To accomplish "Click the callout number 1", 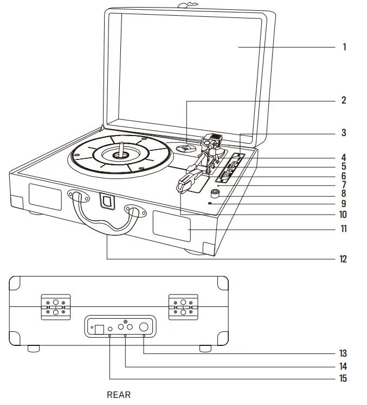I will click(x=344, y=47).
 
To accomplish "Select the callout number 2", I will click(x=344, y=100).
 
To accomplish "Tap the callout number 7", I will click(x=344, y=185).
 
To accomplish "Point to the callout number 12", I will click(x=343, y=259).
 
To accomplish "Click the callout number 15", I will click(x=343, y=378).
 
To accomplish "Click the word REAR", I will click(x=119, y=395).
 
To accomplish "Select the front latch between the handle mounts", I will click(x=107, y=201).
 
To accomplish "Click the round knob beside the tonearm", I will click(x=216, y=192).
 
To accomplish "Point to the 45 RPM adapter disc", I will click(x=185, y=147).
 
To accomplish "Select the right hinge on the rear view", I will click(x=183, y=307).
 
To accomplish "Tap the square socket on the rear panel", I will click(x=100, y=328).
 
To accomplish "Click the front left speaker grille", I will click(x=45, y=196).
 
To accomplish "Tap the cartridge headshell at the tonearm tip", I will click(x=186, y=181).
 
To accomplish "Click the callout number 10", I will click(x=343, y=215).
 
